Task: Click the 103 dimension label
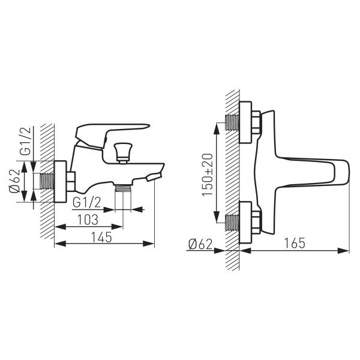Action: coord(88,220)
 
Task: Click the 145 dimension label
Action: coord(101,237)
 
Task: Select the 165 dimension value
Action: coord(295,243)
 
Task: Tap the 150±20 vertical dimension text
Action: coord(208,175)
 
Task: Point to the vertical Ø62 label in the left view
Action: coord(14,181)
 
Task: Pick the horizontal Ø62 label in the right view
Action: coord(200,244)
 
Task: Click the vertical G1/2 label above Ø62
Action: coord(25,141)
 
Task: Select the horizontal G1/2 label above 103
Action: coord(87,203)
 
